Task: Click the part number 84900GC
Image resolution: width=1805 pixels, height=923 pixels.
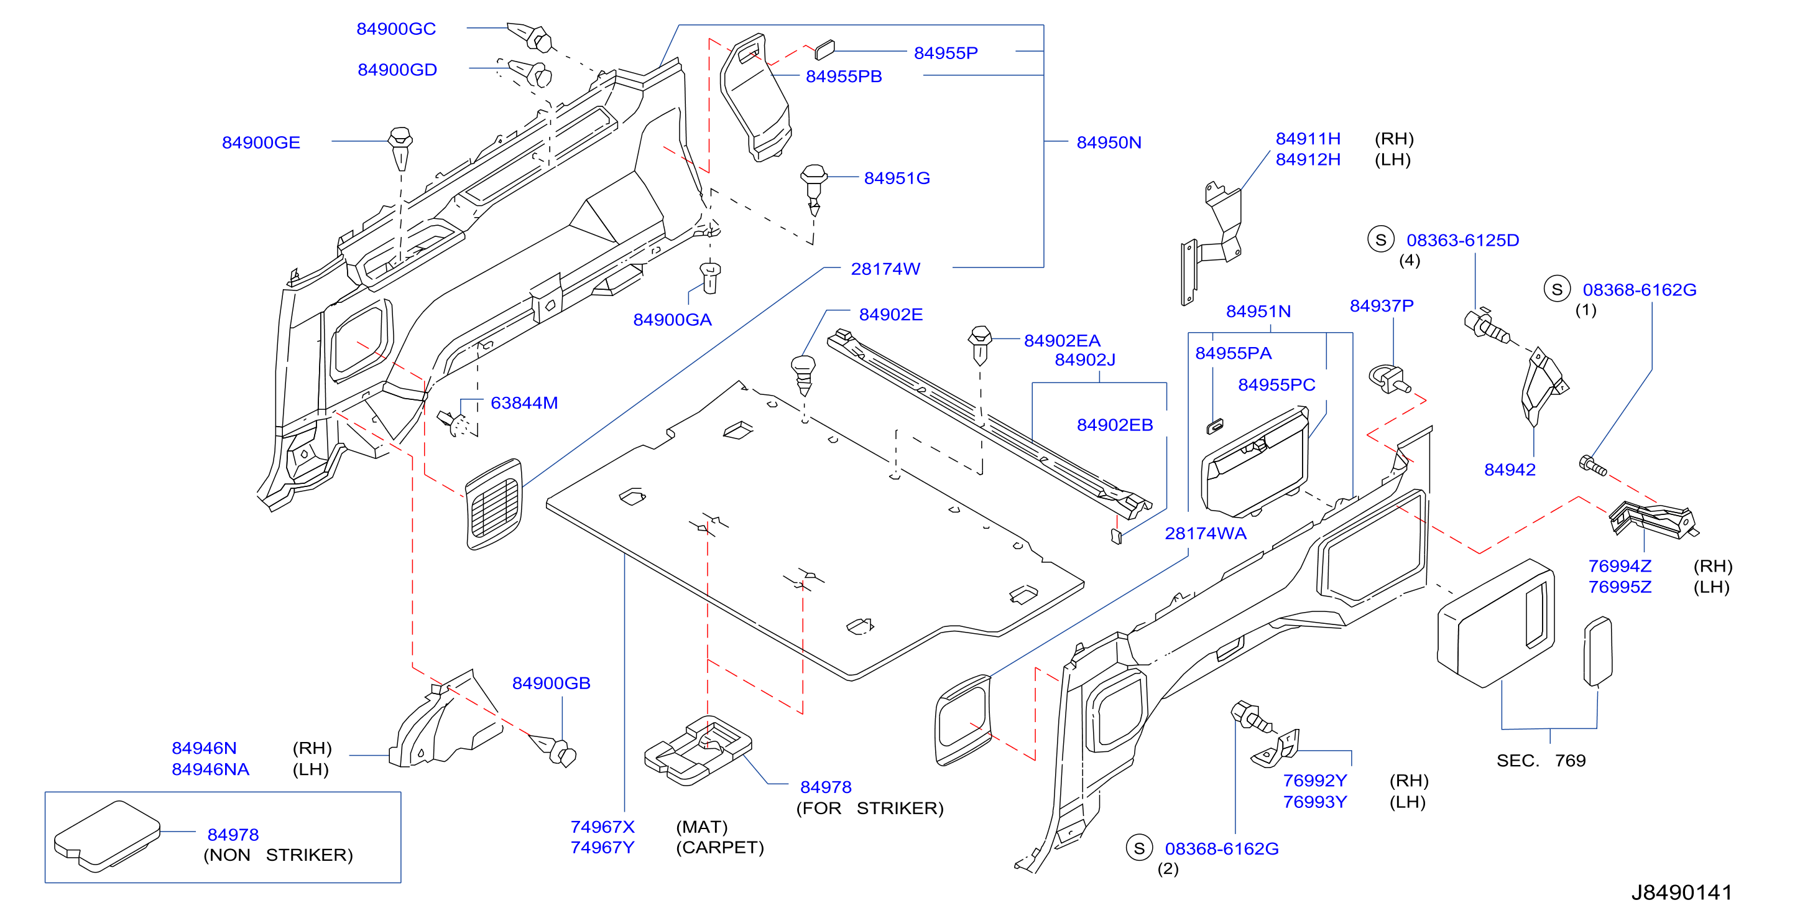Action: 396,29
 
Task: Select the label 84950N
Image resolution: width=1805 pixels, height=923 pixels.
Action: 1109,142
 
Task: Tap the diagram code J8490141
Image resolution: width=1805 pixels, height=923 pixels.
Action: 1682,892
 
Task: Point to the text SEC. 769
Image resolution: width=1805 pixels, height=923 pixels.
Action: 1541,761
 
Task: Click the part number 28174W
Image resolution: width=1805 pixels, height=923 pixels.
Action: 885,269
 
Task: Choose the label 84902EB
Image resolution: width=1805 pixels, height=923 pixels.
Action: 1114,425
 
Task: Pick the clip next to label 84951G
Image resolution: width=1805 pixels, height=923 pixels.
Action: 813,189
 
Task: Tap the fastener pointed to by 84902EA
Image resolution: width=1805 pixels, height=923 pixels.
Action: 981,344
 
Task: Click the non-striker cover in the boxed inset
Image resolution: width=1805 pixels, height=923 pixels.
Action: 107,836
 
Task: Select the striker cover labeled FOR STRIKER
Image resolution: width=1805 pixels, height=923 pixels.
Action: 698,750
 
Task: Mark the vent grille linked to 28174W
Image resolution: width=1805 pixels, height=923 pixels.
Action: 494,503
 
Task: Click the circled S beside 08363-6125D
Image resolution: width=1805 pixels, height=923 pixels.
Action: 1380,239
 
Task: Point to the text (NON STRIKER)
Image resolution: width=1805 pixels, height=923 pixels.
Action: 278,855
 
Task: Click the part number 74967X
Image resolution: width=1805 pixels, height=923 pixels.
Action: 602,827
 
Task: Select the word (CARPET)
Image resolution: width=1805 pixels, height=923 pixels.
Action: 719,847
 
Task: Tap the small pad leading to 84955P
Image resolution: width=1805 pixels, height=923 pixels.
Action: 824,49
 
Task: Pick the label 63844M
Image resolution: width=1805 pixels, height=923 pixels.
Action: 524,403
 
